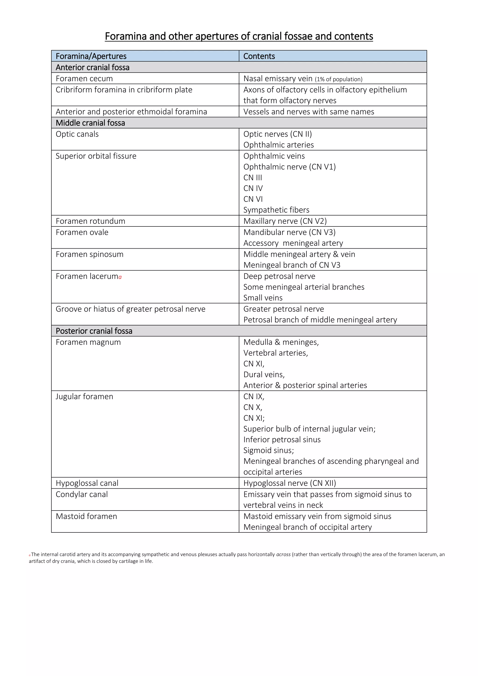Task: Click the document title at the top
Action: (239, 36)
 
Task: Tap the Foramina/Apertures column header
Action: (91, 56)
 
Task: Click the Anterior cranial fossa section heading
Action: (92, 67)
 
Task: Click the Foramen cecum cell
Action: (84, 79)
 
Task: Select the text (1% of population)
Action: (338, 79)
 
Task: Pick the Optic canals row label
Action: (77, 134)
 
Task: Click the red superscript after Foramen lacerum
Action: (120, 277)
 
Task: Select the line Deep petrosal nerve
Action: (279, 276)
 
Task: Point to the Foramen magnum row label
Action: (88, 342)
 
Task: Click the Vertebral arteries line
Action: (275, 353)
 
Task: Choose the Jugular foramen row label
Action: (84, 397)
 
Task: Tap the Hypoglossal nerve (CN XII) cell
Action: (289, 483)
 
